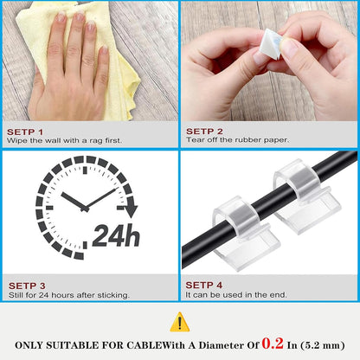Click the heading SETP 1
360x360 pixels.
(25, 132)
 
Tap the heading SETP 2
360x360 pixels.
(204, 132)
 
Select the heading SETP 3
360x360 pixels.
(27, 286)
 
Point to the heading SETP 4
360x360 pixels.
(204, 285)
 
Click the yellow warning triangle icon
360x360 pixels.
(180, 322)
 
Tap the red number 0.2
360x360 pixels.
(273, 344)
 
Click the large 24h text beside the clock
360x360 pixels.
(116, 235)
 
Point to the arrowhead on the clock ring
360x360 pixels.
(132, 211)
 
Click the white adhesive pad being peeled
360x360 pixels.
(270, 44)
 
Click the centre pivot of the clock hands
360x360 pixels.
(85, 209)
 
